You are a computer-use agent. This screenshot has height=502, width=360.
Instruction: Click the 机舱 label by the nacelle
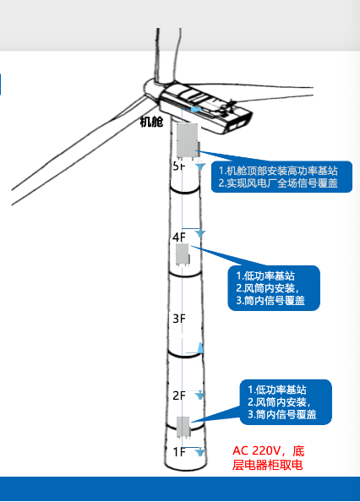(151, 123)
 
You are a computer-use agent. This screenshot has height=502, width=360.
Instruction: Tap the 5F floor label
(177, 166)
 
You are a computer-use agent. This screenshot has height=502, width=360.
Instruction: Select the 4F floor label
(178, 237)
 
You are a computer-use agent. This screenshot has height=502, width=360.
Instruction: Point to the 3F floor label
(178, 319)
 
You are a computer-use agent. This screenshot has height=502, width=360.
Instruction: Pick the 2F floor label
(178, 396)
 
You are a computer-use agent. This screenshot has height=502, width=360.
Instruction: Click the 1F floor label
(178, 452)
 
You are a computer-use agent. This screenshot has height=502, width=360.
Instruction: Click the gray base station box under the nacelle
(188, 140)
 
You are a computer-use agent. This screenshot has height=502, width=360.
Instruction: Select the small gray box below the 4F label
(182, 254)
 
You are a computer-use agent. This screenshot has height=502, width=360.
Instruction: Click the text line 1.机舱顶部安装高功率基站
(278, 169)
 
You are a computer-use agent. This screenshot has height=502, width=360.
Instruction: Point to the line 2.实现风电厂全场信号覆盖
(278, 182)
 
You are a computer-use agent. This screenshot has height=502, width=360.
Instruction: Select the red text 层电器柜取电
(266, 465)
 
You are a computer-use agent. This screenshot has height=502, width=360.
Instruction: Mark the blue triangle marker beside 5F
(199, 168)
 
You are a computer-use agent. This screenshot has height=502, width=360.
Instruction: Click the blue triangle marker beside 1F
(199, 453)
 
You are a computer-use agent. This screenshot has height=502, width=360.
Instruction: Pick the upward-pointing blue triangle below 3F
(200, 348)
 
